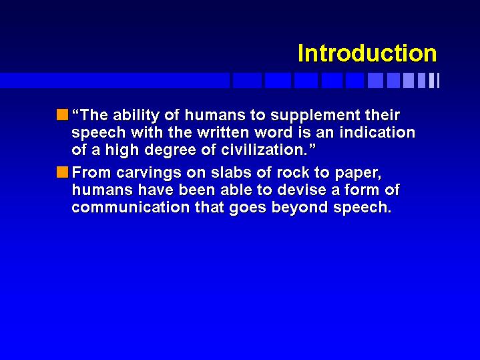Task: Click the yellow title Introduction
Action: coord(367,53)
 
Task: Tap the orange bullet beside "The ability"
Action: coord(62,115)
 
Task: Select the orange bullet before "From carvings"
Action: coord(62,172)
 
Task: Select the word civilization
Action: coord(264,150)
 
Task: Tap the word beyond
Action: coord(299,208)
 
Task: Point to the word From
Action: coord(91,172)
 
